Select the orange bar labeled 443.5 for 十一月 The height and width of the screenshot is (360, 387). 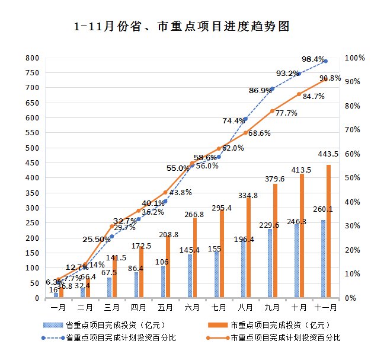[x=328, y=231]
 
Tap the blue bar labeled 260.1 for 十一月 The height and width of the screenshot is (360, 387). [x=323, y=259]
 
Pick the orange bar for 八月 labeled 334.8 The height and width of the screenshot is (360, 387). [x=248, y=247]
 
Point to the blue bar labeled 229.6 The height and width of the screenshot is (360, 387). [x=270, y=263]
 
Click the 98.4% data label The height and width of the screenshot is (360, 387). [x=313, y=59]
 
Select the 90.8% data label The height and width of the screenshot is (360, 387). [x=330, y=78]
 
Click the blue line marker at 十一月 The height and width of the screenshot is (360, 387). [x=326, y=61]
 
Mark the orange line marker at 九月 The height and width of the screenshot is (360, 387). [x=272, y=111]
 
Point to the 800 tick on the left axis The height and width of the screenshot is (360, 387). [x=32, y=58]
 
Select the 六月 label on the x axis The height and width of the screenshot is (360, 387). [x=192, y=308]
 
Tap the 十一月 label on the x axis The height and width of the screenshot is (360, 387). [x=326, y=308]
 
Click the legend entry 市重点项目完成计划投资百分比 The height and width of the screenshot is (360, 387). [x=285, y=338]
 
